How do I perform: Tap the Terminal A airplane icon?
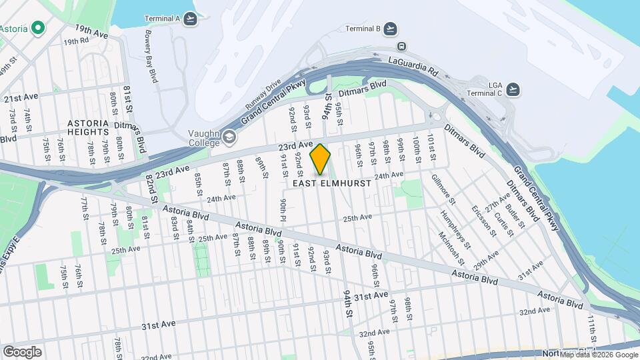(191, 19)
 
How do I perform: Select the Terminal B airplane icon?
(390, 29)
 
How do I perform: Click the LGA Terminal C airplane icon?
(513, 89)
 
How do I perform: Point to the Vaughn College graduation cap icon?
(229, 137)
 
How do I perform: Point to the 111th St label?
(591, 328)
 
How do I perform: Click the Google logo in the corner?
(22, 352)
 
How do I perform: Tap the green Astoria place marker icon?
(38, 28)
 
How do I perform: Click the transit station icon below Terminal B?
(401, 47)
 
